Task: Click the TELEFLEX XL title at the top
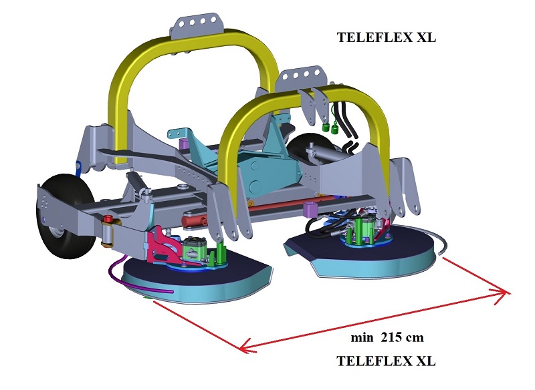tap(386, 38)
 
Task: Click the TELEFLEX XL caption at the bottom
tap(386, 361)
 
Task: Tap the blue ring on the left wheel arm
tap(80, 165)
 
